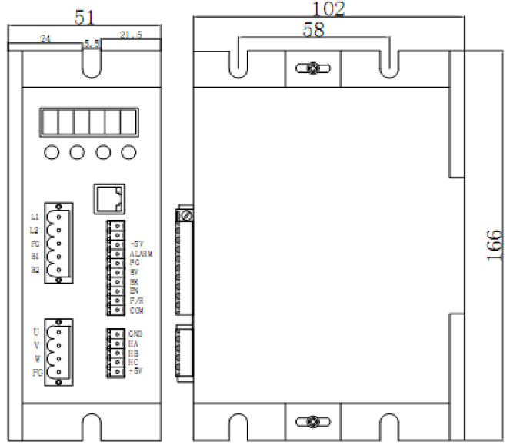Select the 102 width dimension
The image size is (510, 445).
(328, 9)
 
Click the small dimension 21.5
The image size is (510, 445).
(132, 34)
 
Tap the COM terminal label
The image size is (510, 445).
(137, 311)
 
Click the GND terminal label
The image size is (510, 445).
(137, 334)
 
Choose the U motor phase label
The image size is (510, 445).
(35, 332)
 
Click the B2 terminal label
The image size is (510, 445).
(34, 270)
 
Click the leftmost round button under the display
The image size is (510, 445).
(52, 153)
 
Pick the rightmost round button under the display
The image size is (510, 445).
(128, 153)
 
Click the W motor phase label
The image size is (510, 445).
(35, 359)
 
